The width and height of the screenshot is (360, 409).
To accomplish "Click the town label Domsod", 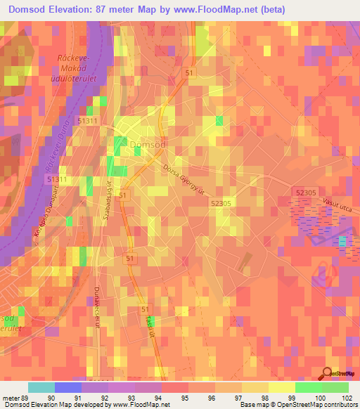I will [x=148, y=144].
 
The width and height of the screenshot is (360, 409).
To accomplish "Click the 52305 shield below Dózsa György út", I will [x=221, y=202].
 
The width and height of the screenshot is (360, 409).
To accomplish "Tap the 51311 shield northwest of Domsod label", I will [x=88, y=122].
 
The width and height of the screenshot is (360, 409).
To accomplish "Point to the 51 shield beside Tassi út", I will [x=145, y=309].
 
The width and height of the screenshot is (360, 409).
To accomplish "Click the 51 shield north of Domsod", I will [x=189, y=72].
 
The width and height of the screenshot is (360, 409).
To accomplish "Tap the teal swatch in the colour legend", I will [x=41, y=387].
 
